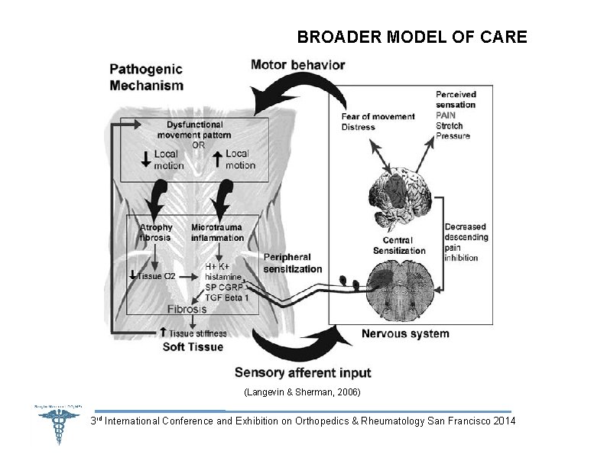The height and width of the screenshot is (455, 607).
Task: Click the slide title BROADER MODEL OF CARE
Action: click(x=412, y=37)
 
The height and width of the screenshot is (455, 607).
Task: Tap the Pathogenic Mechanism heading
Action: click(x=146, y=77)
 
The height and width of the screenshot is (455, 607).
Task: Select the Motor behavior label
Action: click(x=297, y=64)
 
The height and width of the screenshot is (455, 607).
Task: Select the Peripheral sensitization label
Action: click(x=293, y=263)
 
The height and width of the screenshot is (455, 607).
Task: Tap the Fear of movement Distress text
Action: click(x=378, y=122)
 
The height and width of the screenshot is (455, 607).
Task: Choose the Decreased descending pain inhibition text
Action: click(x=466, y=242)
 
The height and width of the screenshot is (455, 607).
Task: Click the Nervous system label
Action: click(x=405, y=333)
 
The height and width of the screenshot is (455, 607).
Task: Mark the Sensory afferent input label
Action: click(x=303, y=373)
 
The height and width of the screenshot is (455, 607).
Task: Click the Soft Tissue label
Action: click(x=193, y=346)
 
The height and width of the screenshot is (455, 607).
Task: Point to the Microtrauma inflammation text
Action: click(x=217, y=232)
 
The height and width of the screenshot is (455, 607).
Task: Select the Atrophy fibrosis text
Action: click(x=156, y=232)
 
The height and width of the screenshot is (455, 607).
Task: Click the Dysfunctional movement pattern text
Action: click(x=194, y=129)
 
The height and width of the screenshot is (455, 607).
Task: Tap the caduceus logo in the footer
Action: click(x=57, y=425)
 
